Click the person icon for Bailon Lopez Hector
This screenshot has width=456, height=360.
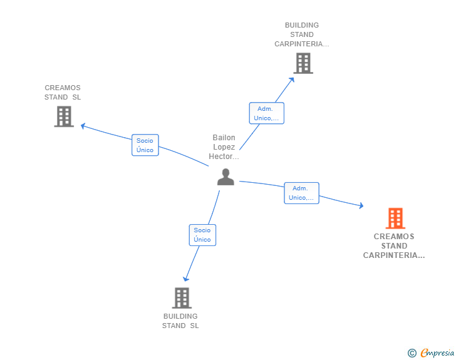pyautogui.click(x=225, y=177)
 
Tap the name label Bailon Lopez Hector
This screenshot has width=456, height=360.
pyautogui.click(x=224, y=147)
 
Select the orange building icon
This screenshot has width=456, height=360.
pyautogui.click(x=395, y=218)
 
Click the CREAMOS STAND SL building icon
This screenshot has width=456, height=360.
pyautogui.click(x=63, y=116)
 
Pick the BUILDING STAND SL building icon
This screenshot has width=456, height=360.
pyautogui.click(x=181, y=298)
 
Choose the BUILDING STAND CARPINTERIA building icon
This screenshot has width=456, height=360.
pyautogui.click(x=303, y=63)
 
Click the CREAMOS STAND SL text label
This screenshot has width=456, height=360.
pyautogui.click(x=63, y=93)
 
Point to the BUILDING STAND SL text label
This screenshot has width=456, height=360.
pyautogui.click(x=180, y=321)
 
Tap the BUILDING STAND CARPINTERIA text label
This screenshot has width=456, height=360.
pyautogui.click(x=302, y=35)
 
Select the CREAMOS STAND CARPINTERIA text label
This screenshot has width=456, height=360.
pyautogui.click(x=394, y=246)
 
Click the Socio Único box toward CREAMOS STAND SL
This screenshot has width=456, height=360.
pyautogui.click(x=145, y=145)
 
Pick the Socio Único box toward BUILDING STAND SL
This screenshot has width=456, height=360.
pyautogui.click(x=202, y=235)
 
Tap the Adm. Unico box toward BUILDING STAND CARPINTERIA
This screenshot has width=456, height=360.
pyautogui.click(x=266, y=113)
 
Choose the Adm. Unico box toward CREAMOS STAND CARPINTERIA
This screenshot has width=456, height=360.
pyautogui.click(x=301, y=193)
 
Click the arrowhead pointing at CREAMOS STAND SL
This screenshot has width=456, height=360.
pyautogui.click(x=83, y=126)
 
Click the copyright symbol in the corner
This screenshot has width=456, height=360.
pyautogui.click(x=412, y=353)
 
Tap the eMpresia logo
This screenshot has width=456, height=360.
pyautogui.click(x=437, y=353)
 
